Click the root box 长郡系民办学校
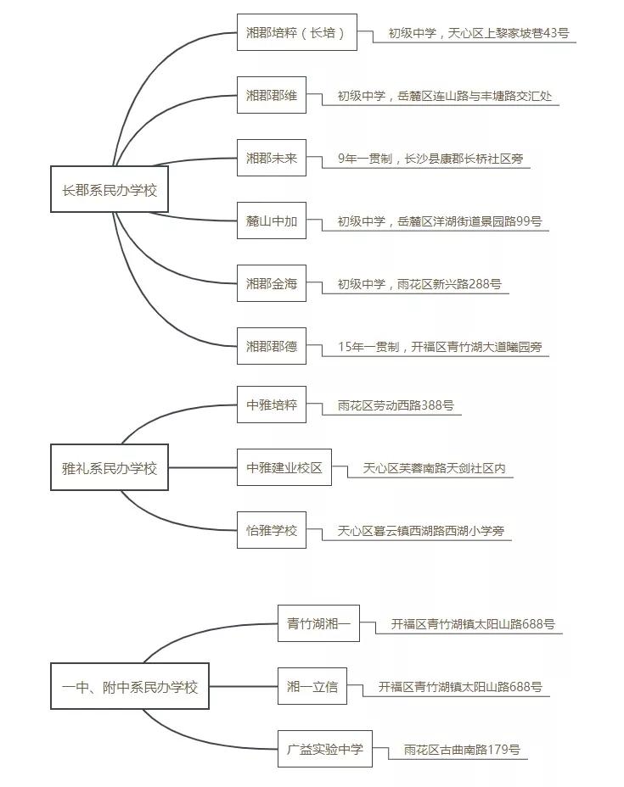point(110,190)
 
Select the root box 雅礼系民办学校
point(110,468)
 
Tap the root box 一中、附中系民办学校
point(130,686)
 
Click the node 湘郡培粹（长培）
point(296,33)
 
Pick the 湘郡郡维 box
point(272,96)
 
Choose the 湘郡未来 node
point(272,159)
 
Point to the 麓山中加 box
point(272,221)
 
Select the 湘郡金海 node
point(272,284)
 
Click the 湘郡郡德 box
point(272,347)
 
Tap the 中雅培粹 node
point(272,405)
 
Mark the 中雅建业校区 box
point(284,468)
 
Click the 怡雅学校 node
point(272,531)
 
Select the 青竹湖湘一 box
point(313,624)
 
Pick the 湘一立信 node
point(312,687)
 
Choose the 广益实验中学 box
point(325,749)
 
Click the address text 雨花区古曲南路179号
point(462,750)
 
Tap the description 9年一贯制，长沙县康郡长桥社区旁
point(422,159)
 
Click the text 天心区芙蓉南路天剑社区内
point(435,468)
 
